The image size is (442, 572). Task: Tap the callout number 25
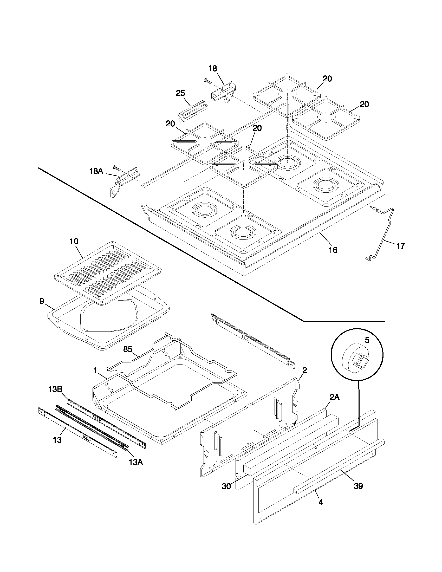click(x=180, y=93)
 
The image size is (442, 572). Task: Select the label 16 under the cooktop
click(x=333, y=250)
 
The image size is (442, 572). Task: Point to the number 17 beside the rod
click(x=400, y=246)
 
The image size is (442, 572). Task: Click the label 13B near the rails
click(x=55, y=396)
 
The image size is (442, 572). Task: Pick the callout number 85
click(x=127, y=349)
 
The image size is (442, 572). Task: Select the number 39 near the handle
click(x=358, y=486)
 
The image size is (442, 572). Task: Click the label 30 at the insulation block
click(x=226, y=486)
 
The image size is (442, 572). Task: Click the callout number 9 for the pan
click(x=42, y=301)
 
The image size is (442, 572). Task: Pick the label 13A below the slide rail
click(x=136, y=462)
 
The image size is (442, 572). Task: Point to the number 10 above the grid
click(x=74, y=241)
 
